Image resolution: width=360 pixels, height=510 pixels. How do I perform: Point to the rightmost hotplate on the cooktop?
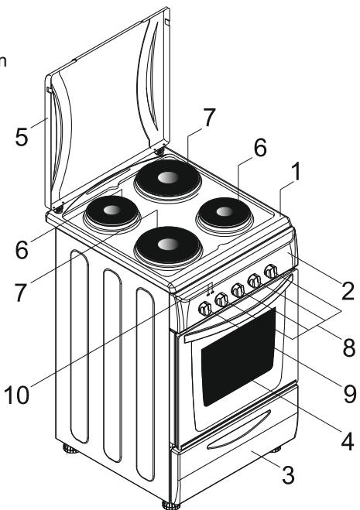(225, 212)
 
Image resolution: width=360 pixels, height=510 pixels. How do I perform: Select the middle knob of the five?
(238, 290)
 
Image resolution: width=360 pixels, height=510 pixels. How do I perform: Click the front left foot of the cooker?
(167, 504)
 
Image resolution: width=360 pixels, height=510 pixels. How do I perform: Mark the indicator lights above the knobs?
(210, 290)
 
